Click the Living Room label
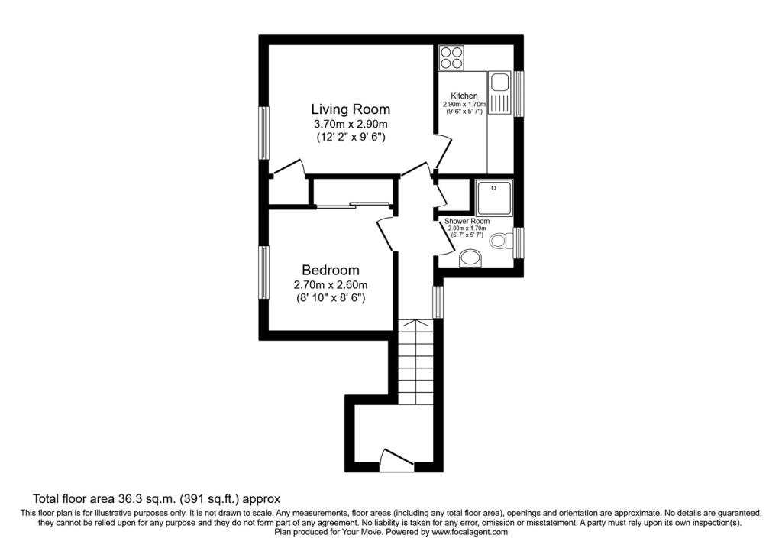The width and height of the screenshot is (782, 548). [x=351, y=109]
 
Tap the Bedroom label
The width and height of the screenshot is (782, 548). [x=331, y=270]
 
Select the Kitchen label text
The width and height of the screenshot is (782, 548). [x=464, y=96]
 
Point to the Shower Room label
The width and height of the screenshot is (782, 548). [x=467, y=221]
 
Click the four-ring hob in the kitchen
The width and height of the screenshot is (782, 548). [x=452, y=57]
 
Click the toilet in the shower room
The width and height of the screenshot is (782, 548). [x=501, y=242]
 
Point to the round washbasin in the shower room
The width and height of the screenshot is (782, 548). [x=470, y=258]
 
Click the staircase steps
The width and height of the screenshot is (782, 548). [x=415, y=362]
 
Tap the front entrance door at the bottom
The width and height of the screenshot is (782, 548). [x=396, y=461]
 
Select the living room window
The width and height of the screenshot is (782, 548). [x=263, y=133]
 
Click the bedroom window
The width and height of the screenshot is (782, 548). [x=263, y=273]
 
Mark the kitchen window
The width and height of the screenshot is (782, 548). [x=519, y=93]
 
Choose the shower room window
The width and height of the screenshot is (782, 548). [x=519, y=243]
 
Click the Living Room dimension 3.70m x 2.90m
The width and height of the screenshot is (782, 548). [x=351, y=124]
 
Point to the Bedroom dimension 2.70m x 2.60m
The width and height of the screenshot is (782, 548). [x=331, y=286]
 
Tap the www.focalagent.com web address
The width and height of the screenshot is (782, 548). [x=470, y=532]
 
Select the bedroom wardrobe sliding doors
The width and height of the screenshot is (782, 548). [x=353, y=204]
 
